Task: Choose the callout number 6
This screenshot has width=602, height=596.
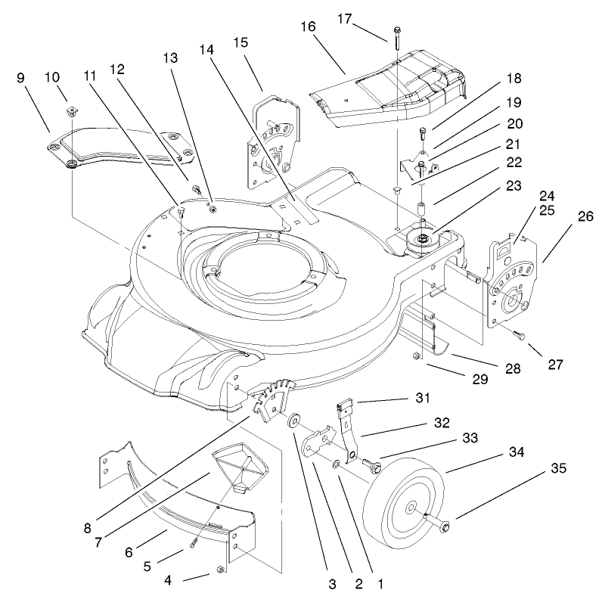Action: pyautogui.click(x=129, y=552)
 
